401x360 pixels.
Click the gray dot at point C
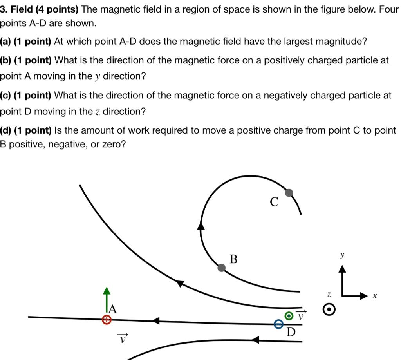(289, 192)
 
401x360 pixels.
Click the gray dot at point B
(222, 268)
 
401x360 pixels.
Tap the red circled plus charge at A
(106, 320)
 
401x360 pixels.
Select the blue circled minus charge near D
(278, 324)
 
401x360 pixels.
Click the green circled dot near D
(289, 316)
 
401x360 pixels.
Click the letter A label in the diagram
(113, 309)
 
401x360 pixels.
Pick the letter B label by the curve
(233, 259)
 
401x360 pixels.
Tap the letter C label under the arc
(274, 202)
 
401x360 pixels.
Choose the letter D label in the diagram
(291, 333)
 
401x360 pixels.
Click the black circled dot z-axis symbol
(329, 309)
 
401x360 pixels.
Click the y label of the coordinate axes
(342, 255)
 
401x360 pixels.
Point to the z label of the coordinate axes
(329, 294)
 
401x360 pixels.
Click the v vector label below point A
(123, 338)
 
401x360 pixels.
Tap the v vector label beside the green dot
(301, 315)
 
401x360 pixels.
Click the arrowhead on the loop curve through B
(201, 226)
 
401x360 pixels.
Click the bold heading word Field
(22, 9)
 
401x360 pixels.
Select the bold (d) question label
(5, 130)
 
